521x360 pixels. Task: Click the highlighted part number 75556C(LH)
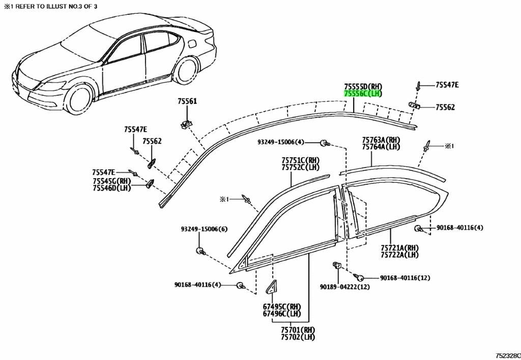tap(363, 94)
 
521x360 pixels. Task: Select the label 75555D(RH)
tap(363, 87)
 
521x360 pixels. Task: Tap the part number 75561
tap(187, 101)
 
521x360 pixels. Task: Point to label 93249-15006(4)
tap(281, 142)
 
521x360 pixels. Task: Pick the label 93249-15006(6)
tap(205, 229)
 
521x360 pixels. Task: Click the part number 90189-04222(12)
tap(345, 287)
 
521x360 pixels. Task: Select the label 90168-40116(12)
tap(405, 278)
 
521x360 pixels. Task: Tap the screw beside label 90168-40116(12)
tap(359, 277)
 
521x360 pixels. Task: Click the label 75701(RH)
tap(298, 330)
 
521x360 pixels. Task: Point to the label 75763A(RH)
tap(381, 140)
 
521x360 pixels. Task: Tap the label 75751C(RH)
tap(300, 160)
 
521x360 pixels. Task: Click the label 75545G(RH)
tap(111, 181)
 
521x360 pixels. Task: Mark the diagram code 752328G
tap(508, 356)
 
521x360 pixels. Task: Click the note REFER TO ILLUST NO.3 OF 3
tap(55, 6)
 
